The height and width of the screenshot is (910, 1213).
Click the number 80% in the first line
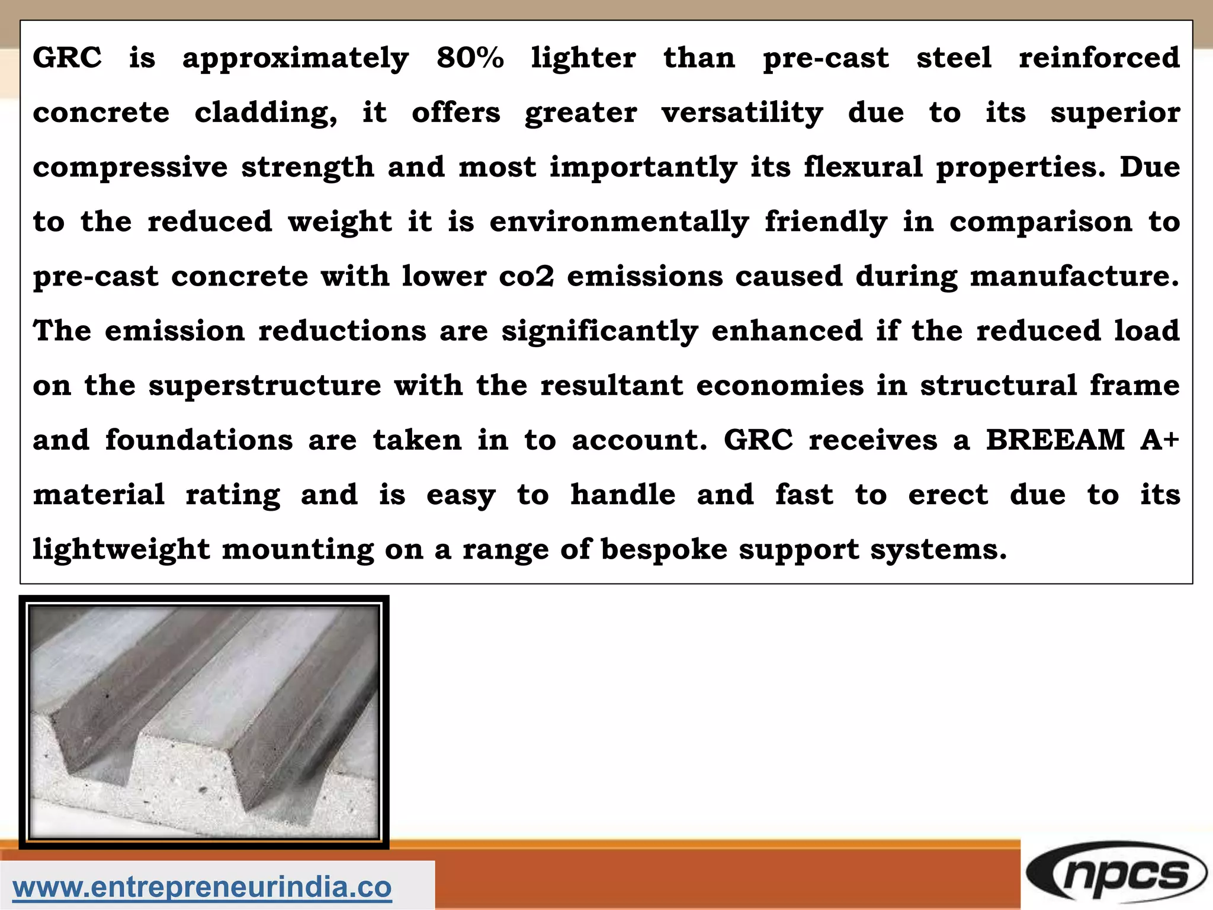[470, 58]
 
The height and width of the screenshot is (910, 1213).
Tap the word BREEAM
[1055, 440]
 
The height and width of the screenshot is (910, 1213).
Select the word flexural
[863, 167]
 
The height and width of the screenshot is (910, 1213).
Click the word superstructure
[265, 386]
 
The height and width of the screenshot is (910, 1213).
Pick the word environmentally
[619, 223]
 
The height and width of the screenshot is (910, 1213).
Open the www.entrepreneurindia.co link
[202, 887]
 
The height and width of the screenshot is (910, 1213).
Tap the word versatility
[742, 113]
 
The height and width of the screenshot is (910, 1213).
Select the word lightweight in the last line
[121, 550]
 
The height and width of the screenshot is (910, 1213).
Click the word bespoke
[664, 550]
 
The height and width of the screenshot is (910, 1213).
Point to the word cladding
[266, 113]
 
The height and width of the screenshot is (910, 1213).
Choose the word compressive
[130, 168]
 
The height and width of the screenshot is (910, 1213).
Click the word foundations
[199, 440]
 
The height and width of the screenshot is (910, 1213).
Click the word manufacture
[1074, 276]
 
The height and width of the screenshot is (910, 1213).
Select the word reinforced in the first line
[1099, 58]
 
